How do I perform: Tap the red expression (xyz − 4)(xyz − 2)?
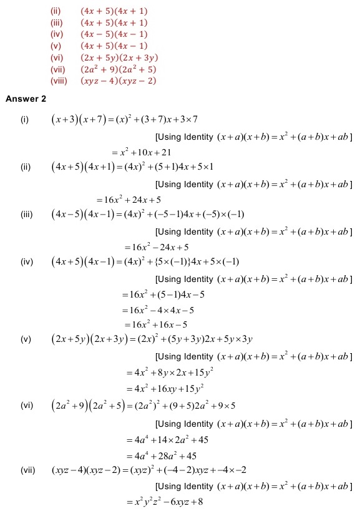(x=118, y=80)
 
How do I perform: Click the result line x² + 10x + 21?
(x=142, y=152)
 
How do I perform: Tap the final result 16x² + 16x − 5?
(x=157, y=324)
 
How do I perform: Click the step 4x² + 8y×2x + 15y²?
(x=166, y=372)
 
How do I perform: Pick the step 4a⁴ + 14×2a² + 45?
(x=164, y=439)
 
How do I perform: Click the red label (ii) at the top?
(x=56, y=11)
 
